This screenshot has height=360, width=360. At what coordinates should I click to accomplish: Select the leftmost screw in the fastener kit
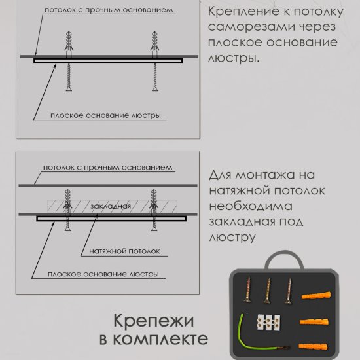point(248,291)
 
